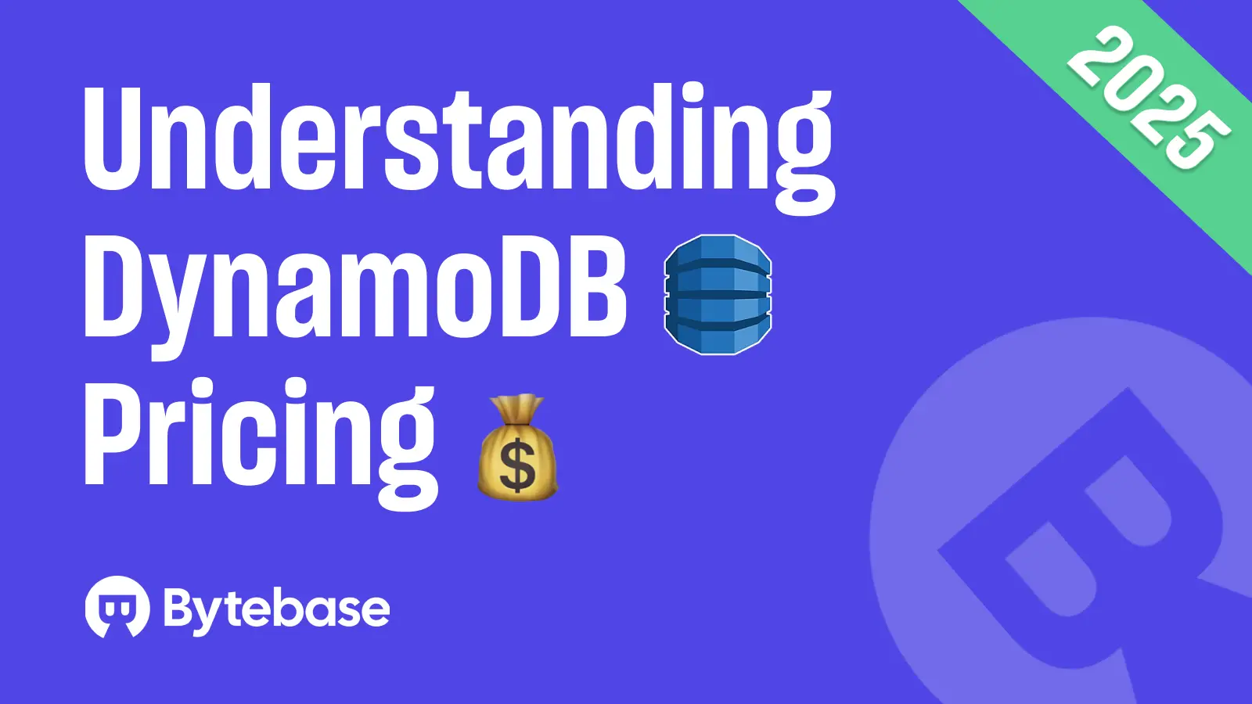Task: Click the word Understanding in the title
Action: pos(458,141)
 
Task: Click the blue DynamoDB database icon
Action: pos(718,294)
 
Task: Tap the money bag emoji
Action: pos(517,450)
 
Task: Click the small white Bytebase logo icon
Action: pos(117,607)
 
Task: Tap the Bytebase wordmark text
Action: pos(276,608)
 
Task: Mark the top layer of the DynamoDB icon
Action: pos(718,252)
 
